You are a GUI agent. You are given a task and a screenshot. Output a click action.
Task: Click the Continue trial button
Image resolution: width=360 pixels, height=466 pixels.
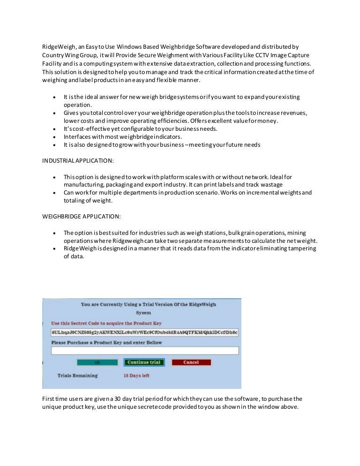tap(144, 362)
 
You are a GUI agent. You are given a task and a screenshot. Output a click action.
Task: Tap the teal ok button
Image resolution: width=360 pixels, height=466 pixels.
tap(97, 362)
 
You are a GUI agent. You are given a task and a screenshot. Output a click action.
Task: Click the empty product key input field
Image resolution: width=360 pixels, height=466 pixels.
tap(145, 351)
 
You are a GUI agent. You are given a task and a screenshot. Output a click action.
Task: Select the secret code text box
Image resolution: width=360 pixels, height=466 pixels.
tap(145, 332)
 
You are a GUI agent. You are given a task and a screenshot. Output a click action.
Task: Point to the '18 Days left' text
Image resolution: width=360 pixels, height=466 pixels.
tap(136, 376)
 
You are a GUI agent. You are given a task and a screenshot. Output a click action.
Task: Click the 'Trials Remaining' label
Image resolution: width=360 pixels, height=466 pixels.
tap(78, 376)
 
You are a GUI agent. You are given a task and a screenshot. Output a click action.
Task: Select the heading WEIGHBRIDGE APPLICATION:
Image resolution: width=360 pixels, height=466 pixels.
tap(75, 217)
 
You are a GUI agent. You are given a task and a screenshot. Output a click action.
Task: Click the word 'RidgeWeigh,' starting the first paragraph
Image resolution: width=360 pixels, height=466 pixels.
tap(57, 47)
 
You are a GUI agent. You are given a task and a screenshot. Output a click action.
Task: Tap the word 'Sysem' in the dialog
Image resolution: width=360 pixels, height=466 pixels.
tap(143, 312)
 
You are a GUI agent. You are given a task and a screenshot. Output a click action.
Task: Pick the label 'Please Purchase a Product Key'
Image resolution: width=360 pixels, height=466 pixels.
tap(106, 342)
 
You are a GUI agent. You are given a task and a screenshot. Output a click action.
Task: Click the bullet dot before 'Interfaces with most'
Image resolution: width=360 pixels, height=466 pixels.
tap(55, 137)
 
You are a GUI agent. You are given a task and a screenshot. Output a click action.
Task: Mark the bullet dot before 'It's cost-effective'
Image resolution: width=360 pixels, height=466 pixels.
tap(55, 129)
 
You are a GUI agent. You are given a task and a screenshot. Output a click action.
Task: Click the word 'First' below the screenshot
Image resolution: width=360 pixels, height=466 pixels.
tap(48, 398)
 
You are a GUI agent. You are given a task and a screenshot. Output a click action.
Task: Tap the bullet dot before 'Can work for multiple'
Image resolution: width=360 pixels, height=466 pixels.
tap(55, 193)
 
